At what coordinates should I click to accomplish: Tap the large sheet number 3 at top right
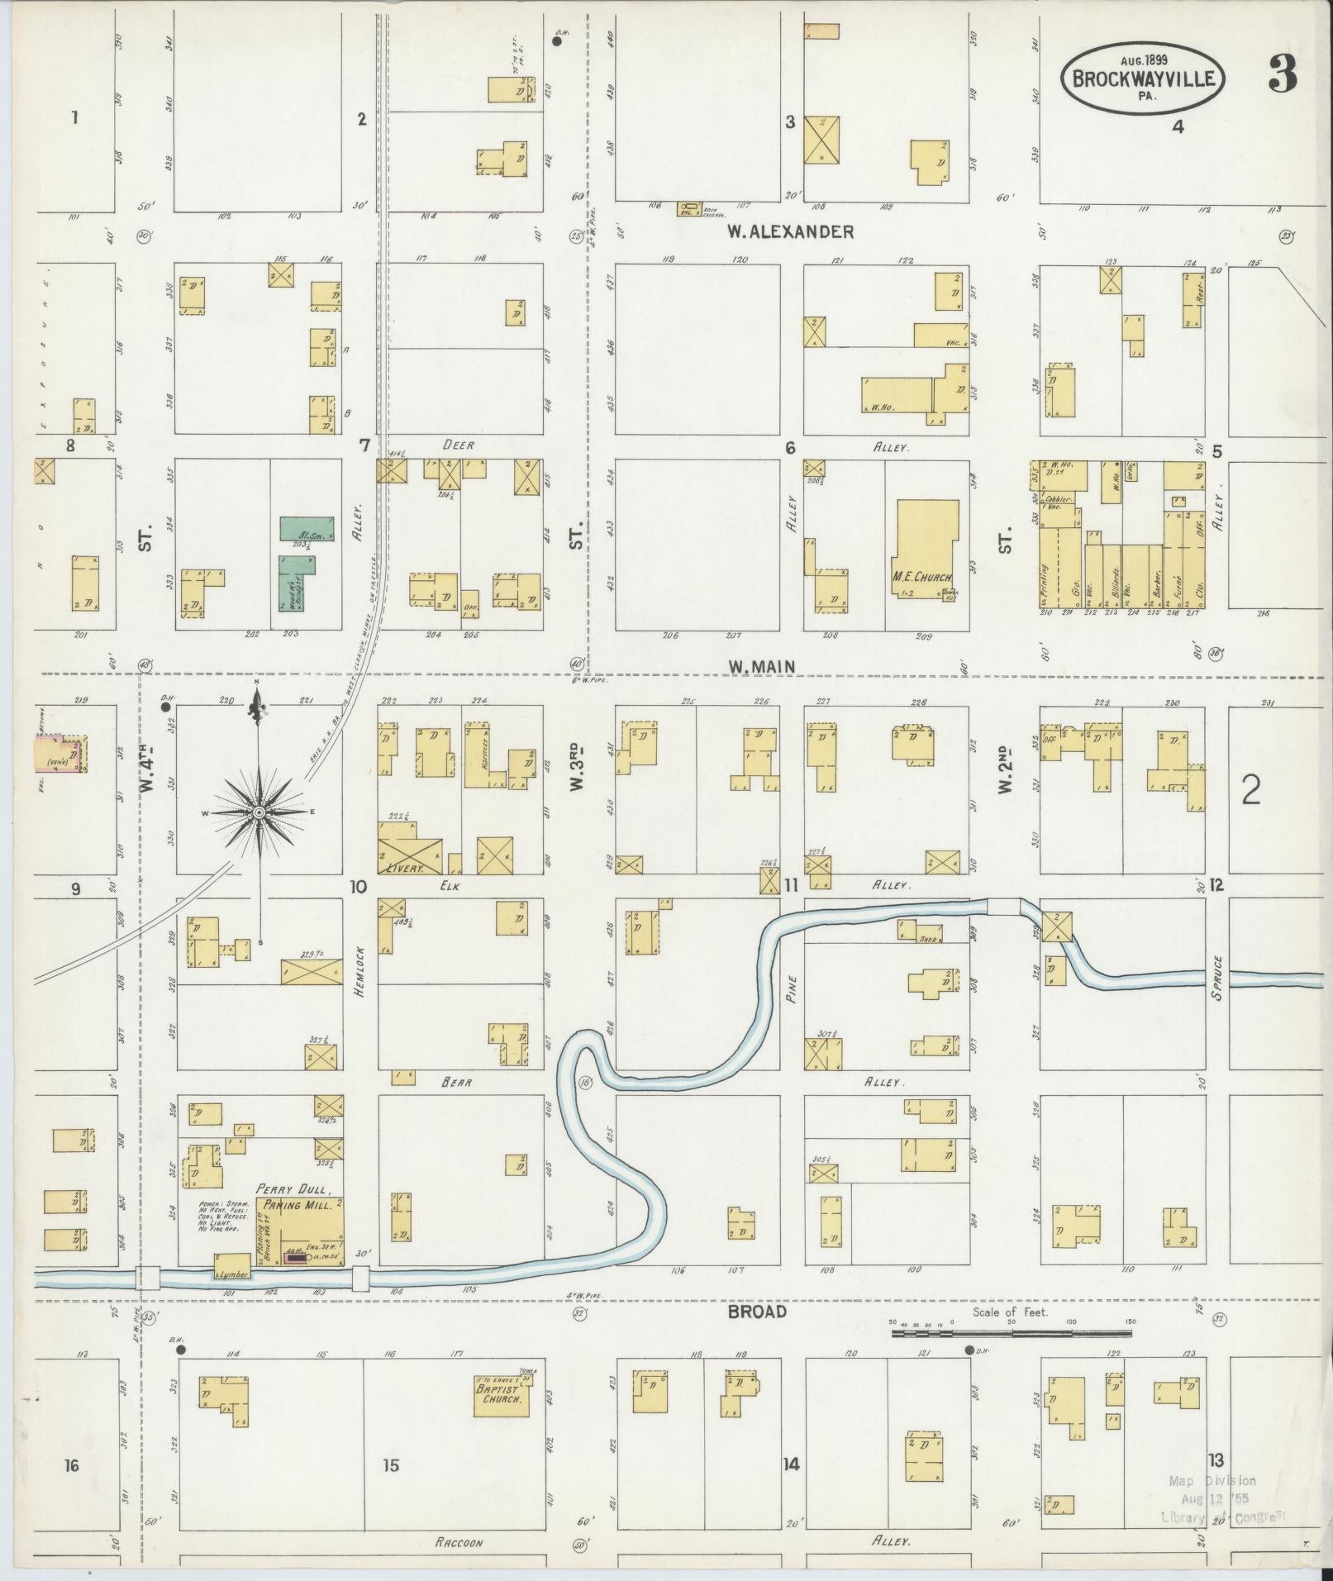point(1283,76)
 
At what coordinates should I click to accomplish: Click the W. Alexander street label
point(790,232)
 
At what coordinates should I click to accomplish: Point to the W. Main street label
point(761,667)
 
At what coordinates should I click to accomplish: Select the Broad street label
point(757,1312)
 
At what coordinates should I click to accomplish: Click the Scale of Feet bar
point(1011,1333)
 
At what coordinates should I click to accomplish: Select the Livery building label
point(404,869)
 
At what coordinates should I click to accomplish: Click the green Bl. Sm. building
point(307,529)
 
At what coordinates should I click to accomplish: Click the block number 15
point(391,1465)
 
